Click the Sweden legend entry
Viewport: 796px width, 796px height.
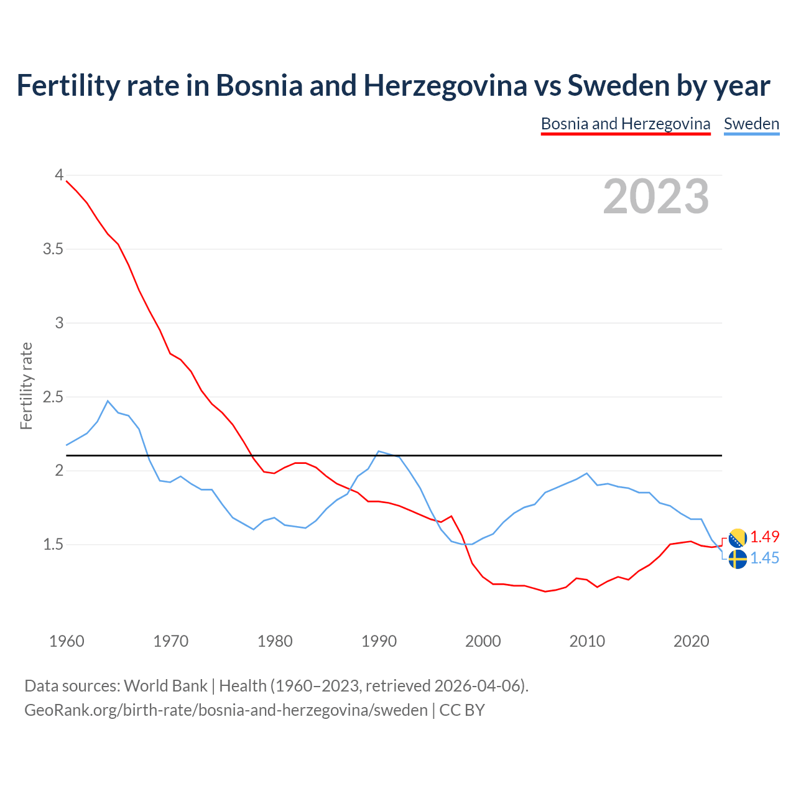(751, 124)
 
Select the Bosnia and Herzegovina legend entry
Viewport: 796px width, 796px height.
(626, 124)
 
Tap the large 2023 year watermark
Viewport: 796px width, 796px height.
(656, 197)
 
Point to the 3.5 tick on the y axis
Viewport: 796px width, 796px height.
(53, 249)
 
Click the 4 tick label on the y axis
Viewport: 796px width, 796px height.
(59, 175)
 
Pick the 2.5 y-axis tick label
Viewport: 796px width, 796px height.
(53, 397)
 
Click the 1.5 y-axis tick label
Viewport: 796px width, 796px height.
(53, 545)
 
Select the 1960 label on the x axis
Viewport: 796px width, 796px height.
(67, 641)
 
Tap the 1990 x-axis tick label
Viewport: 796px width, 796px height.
(379, 641)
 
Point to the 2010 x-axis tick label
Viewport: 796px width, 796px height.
(587, 641)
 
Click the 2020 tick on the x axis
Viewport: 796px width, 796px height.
(691, 641)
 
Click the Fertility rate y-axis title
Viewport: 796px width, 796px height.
(26, 386)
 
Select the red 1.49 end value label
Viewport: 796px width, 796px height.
(764, 537)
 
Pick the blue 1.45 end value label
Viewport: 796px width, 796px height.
(764, 558)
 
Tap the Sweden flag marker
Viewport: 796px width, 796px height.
(738, 559)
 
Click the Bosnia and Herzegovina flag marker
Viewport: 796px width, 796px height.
(738, 538)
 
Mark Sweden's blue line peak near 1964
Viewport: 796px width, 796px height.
(108, 401)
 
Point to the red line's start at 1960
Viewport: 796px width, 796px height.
(67, 181)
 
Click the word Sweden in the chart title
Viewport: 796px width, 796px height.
(618, 85)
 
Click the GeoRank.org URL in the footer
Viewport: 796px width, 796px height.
(226, 710)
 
